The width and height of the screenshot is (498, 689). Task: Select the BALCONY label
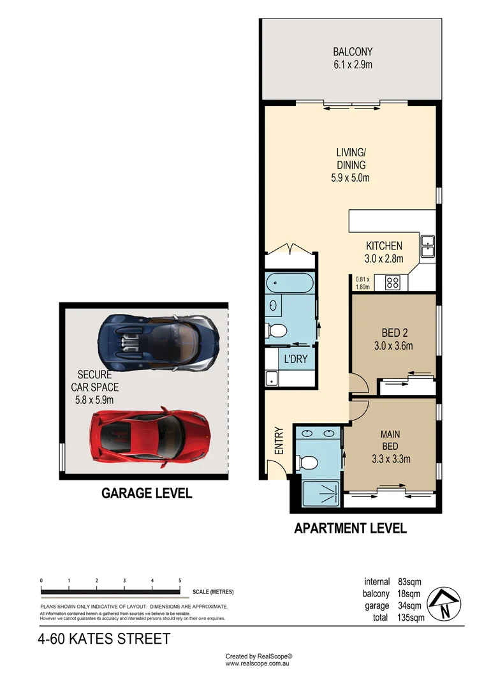(x=352, y=52)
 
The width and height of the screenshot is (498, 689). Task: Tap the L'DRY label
(x=296, y=359)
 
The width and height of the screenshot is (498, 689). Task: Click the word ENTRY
(x=279, y=440)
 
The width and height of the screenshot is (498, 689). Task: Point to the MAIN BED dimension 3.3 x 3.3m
(x=391, y=458)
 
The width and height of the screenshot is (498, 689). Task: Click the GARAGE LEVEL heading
(x=147, y=493)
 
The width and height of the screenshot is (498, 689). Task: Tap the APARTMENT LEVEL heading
(x=350, y=528)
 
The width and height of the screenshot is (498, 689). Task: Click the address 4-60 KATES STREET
(x=105, y=639)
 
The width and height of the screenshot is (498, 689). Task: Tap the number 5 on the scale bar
(x=180, y=580)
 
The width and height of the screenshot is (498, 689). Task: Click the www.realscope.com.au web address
(x=258, y=663)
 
